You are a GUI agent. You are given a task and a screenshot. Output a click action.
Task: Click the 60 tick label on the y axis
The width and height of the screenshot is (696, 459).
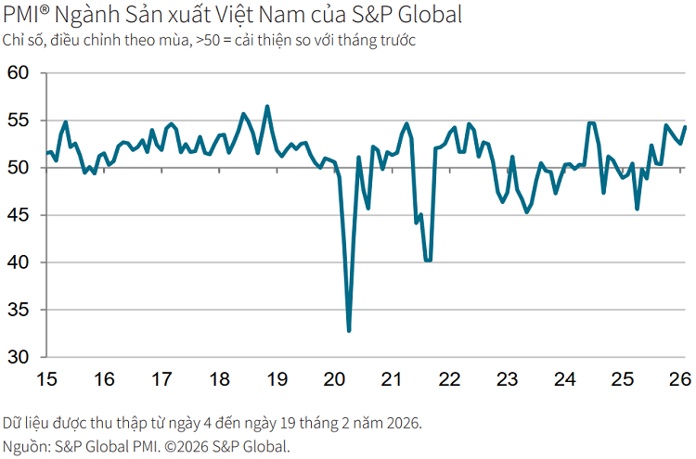click(x=19, y=73)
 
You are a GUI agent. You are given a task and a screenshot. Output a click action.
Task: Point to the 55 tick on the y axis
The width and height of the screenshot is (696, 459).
click(x=19, y=121)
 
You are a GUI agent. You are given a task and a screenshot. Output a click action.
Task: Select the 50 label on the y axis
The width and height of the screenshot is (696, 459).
click(x=19, y=168)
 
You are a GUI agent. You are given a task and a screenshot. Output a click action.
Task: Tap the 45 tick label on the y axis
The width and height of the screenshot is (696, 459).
click(x=19, y=215)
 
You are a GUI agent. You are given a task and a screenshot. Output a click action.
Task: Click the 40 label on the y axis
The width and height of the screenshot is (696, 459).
click(x=19, y=262)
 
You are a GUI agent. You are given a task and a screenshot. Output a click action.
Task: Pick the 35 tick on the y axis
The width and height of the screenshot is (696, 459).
click(x=19, y=310)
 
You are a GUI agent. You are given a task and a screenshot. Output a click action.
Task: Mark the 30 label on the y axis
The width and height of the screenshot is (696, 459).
click(x=19, y=357)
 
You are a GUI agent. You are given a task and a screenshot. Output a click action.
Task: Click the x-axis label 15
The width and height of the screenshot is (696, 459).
click(x=46, y=379)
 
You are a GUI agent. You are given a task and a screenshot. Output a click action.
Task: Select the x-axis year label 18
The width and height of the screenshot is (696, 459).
click(x=219, y=379)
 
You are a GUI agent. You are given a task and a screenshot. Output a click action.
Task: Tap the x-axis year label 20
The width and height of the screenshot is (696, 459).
click(x=334, y=379)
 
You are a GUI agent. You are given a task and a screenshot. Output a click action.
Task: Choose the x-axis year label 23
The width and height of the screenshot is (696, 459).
click(x=507, y=379)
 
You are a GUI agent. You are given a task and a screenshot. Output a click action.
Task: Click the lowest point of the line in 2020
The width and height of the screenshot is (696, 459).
click(x=349, y=330)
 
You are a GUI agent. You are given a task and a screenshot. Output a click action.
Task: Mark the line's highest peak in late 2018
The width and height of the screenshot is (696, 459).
click(x=267, y=107)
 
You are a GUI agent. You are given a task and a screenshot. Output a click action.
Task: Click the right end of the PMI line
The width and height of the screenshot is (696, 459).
click(x=685, y=127)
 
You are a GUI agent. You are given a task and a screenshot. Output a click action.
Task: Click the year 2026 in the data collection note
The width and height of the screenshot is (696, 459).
click(x=402, y=424)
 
